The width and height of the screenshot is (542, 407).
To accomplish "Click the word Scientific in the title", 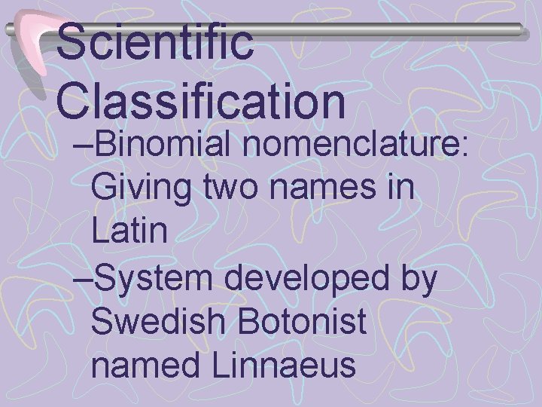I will pos(155,43).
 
